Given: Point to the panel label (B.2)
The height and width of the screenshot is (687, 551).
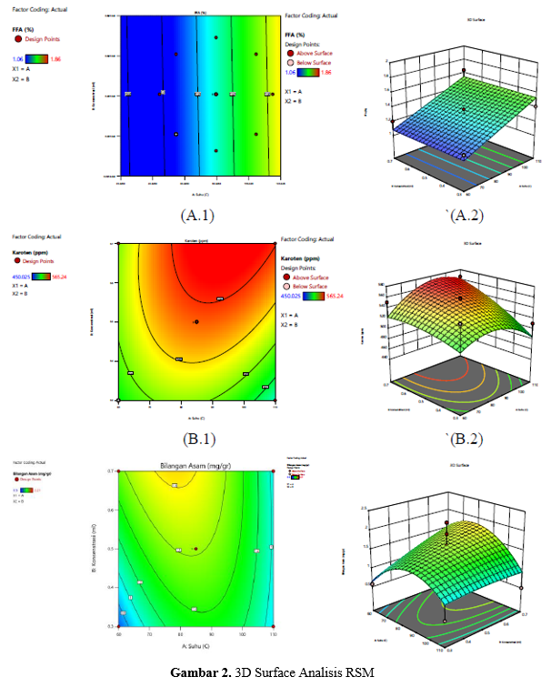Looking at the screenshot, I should pyautogui.click(x=463, y=439).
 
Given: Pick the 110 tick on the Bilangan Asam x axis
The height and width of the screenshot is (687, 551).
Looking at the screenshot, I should pyautogui.click(x=273, y=634).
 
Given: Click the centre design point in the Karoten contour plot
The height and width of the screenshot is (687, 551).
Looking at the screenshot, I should pyautogui.click(x=196, y=322).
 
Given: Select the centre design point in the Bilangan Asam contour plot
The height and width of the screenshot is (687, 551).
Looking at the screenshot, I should pyautogui.click(x=196, y=549).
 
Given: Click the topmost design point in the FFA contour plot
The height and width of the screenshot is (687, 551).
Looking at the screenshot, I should pyautogui.click(x=215, y=37).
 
